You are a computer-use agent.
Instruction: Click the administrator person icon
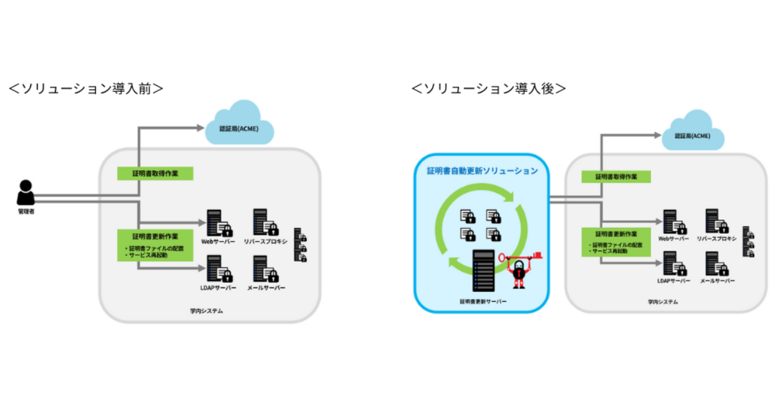[25, 193]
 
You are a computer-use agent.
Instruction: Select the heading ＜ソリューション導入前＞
[85, 89]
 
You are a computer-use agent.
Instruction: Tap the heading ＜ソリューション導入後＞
[488, 89]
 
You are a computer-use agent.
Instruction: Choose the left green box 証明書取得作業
[155, 174]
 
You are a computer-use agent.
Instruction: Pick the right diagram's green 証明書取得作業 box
[615, 177]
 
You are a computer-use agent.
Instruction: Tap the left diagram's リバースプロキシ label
[265, 240]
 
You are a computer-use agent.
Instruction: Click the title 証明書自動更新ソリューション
[482, 171]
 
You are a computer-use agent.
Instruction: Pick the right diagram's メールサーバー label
[718, 282]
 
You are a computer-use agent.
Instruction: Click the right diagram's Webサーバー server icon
[673, 222]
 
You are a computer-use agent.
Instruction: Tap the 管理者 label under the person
[26, 211]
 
